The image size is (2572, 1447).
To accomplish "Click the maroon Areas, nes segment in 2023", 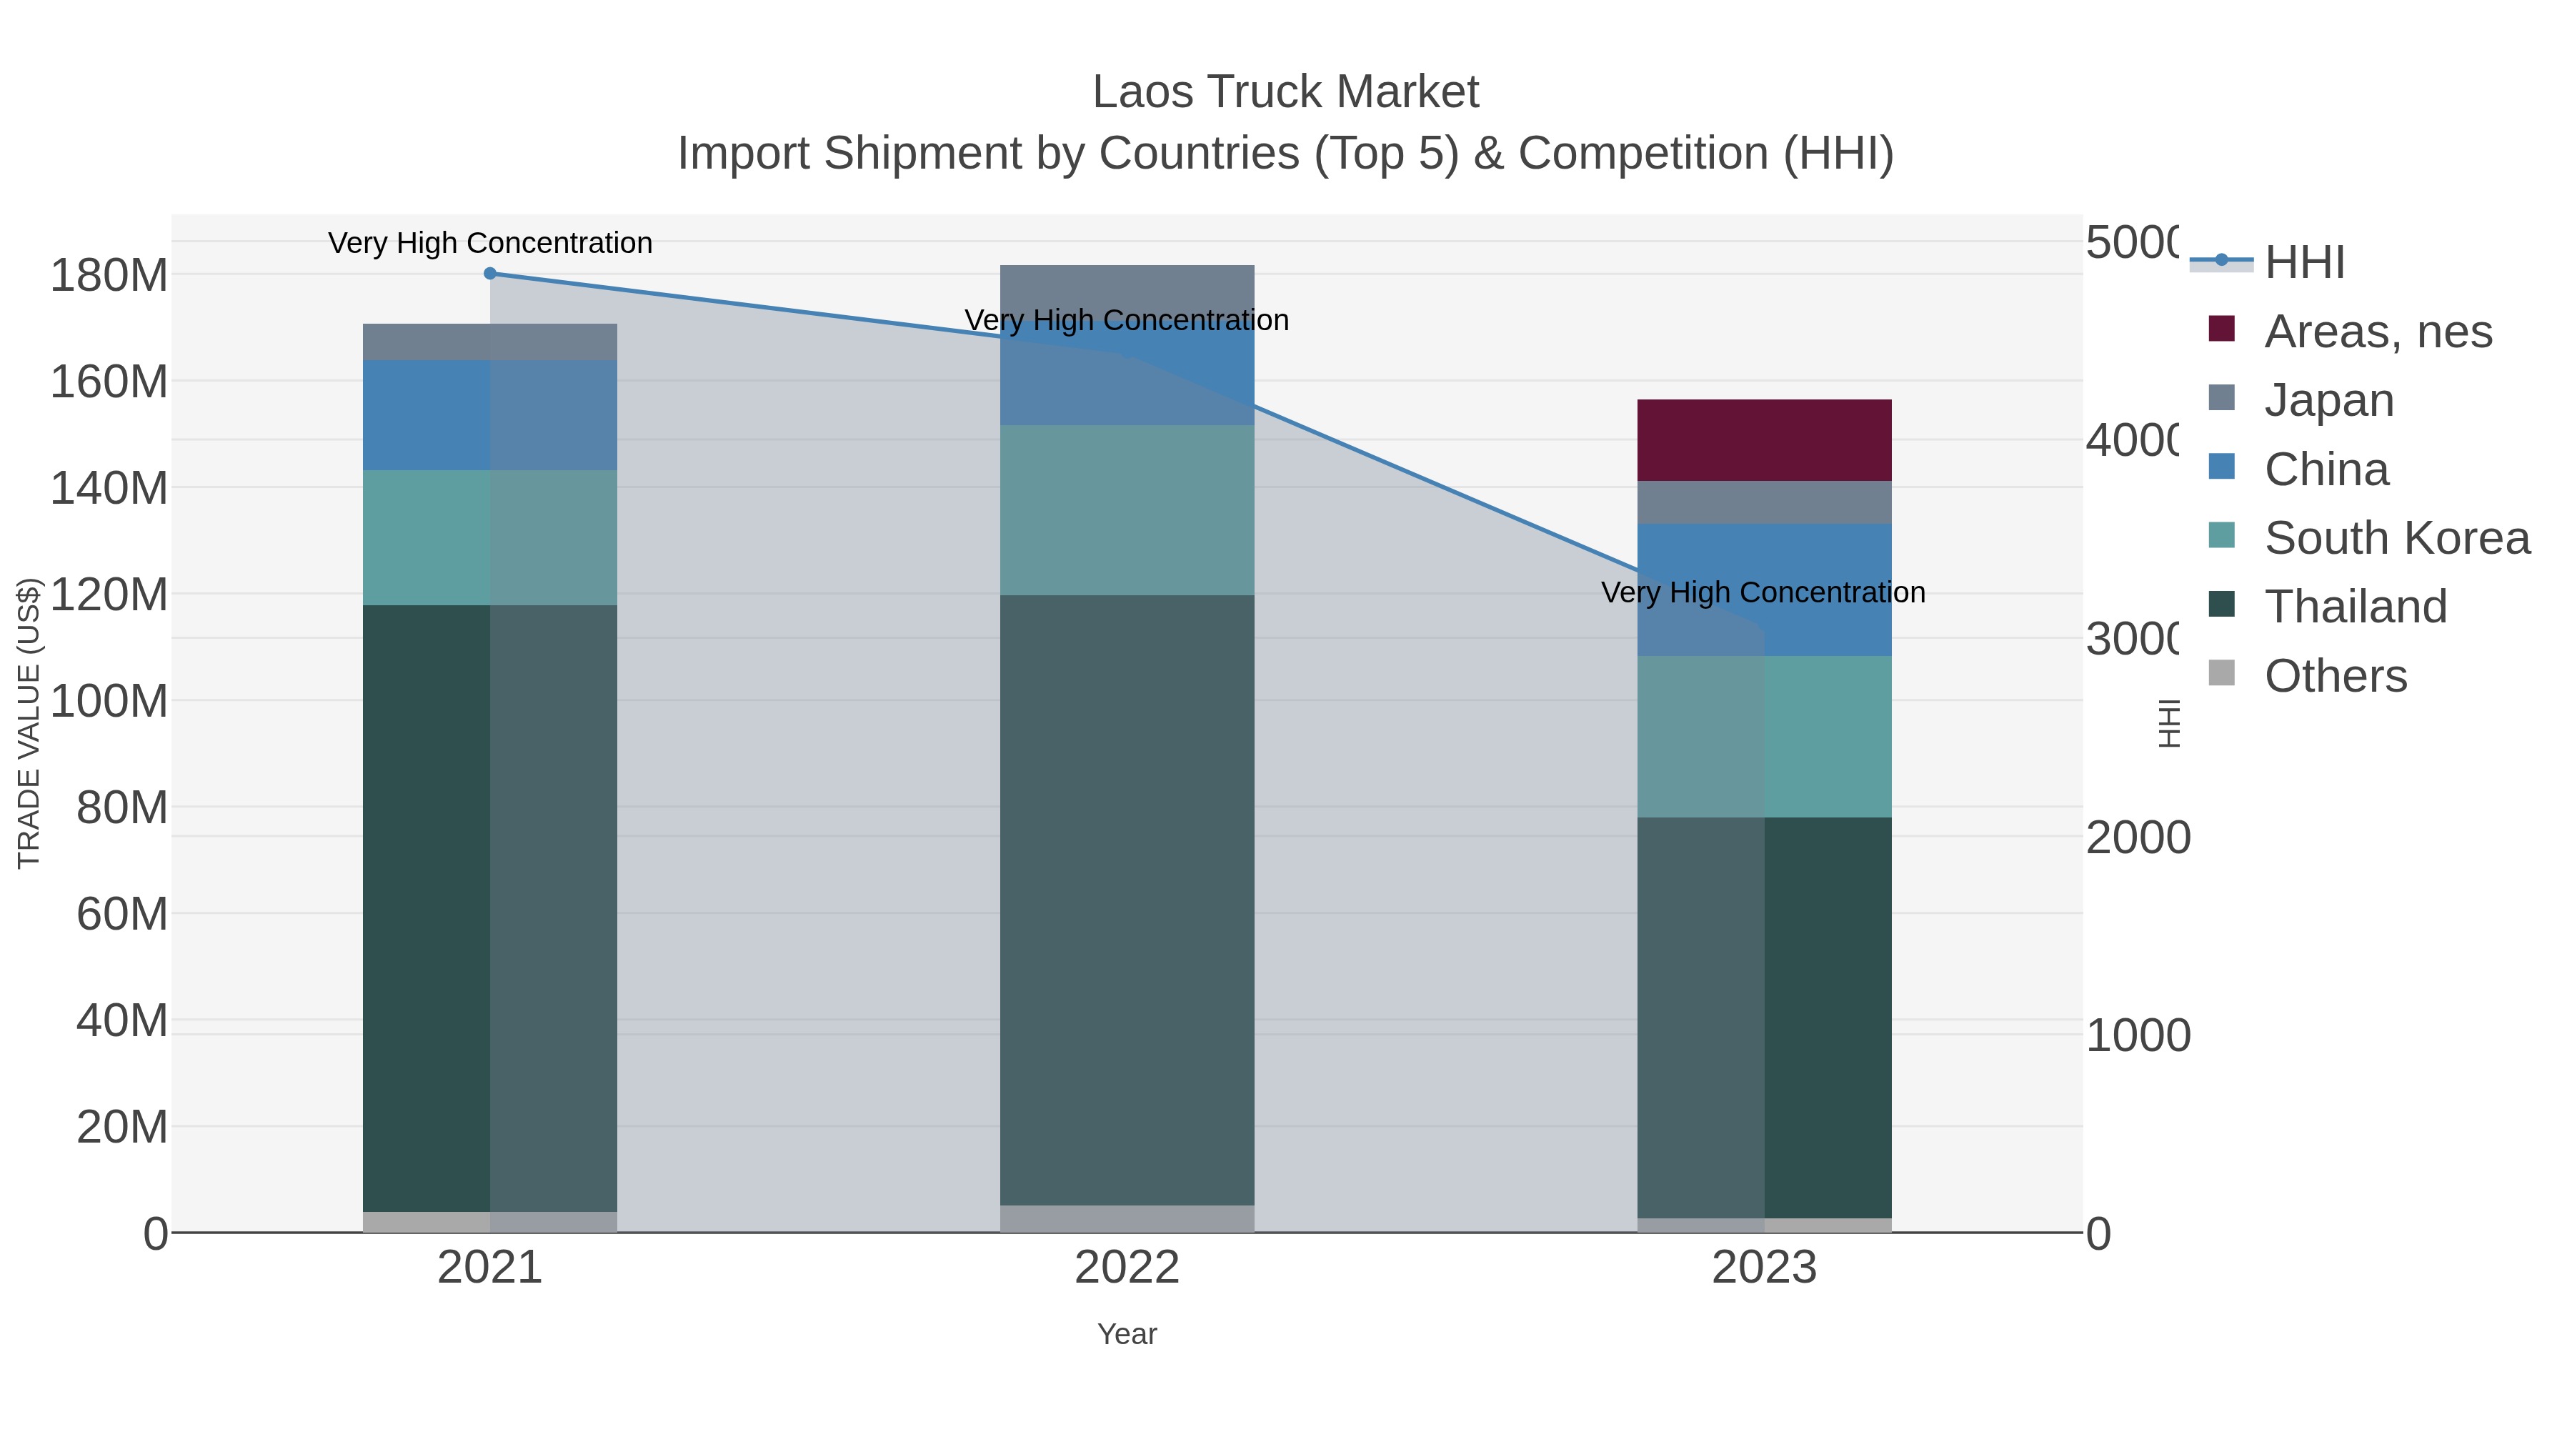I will pyautogui.click(x=1763, y=440).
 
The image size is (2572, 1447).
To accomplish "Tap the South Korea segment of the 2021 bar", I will pyautogui.click(x=489, y=537).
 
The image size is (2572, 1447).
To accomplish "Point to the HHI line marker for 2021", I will pyautogui.click(x=489, y=274).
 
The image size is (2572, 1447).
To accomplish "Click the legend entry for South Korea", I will pyautogui.click(x=2396, y=538).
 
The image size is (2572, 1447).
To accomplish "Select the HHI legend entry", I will pyautogui.click(x=2304, y=263).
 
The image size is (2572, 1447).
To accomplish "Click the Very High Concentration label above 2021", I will pyautogui.click(x=489, y=243).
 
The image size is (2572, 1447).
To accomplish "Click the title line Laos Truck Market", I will pyautogui.click(x=1285, y=92).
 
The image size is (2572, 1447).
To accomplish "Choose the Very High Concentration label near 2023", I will pyautogui.click(x=1763, y=592).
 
